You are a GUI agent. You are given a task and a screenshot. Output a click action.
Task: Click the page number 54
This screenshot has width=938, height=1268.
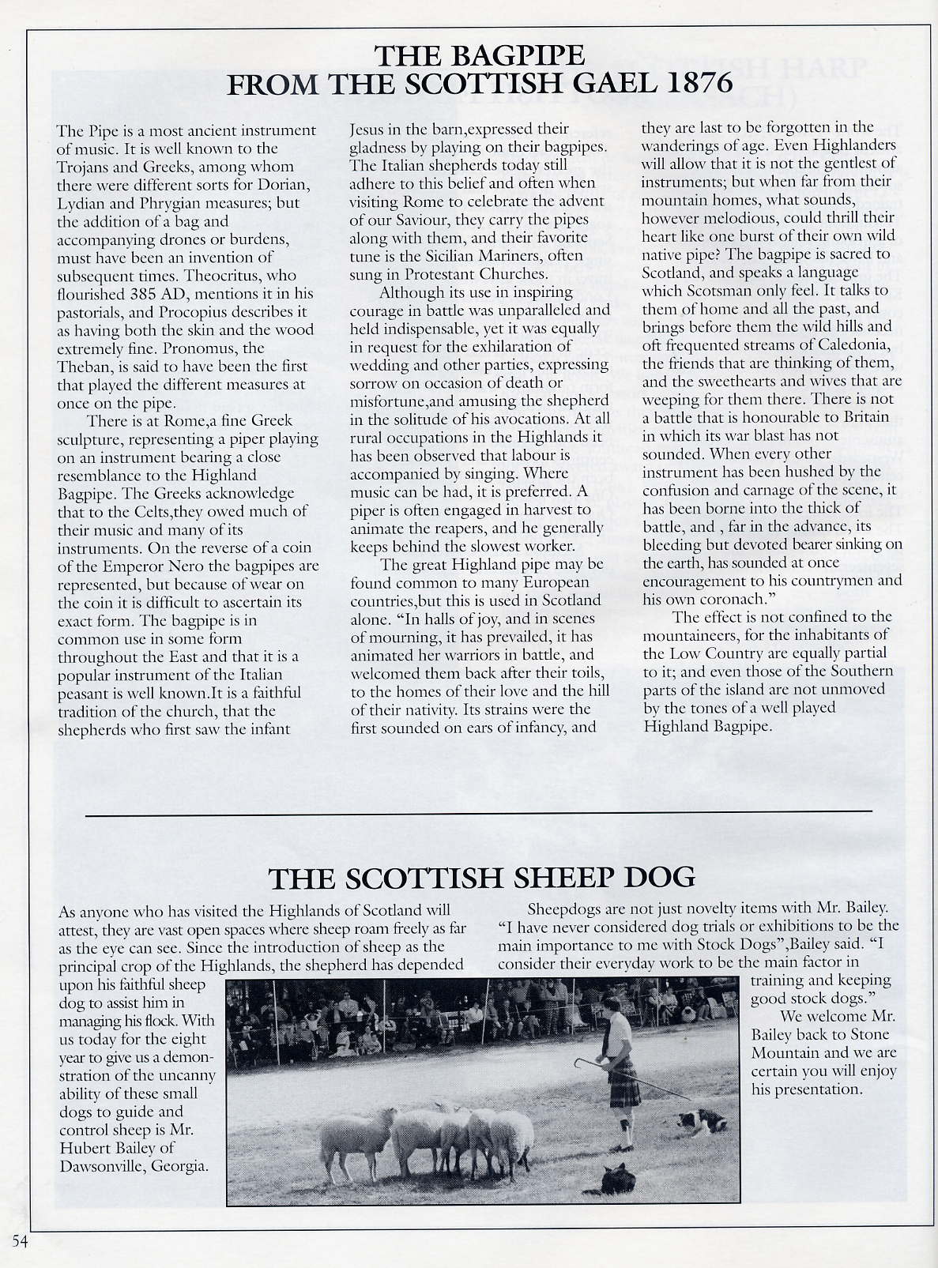19,1241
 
